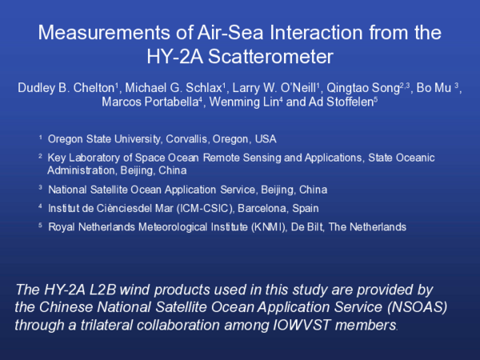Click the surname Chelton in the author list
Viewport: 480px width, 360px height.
click(78, 86)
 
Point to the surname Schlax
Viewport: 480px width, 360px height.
click(170, 86)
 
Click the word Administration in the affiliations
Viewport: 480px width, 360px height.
click(79, 170)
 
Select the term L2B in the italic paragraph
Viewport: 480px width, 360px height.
click(90, 288)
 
